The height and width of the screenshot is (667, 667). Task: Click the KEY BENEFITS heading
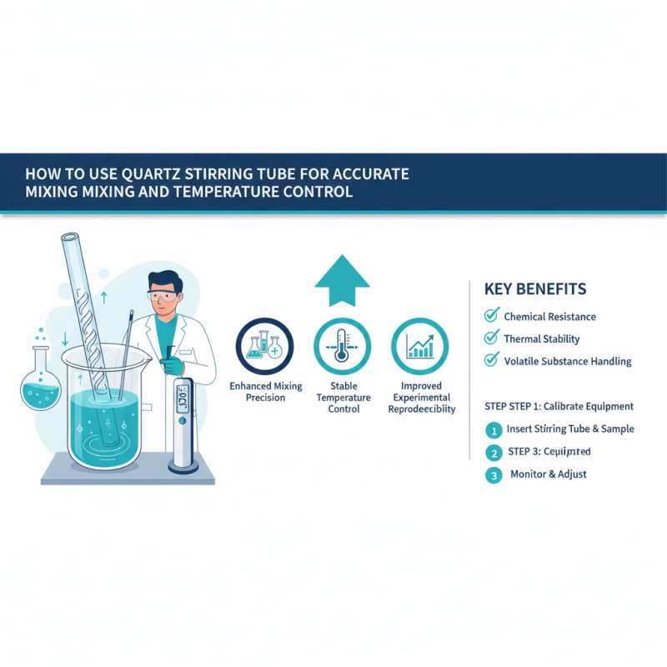(535, 289)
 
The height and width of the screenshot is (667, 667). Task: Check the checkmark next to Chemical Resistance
(491, 316)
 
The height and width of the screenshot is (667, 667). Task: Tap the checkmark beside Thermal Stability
(491, 339)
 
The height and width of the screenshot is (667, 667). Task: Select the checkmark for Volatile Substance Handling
(491, 361)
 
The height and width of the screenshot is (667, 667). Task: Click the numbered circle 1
(494, 430)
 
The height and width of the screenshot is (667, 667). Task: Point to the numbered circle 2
(494, 453)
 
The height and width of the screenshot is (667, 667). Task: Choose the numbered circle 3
(494, 475)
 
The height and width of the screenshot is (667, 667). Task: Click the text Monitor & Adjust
(549, 474)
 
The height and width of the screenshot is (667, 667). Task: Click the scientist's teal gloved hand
(172, 364)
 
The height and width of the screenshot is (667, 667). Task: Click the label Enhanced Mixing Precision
(265, 392)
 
